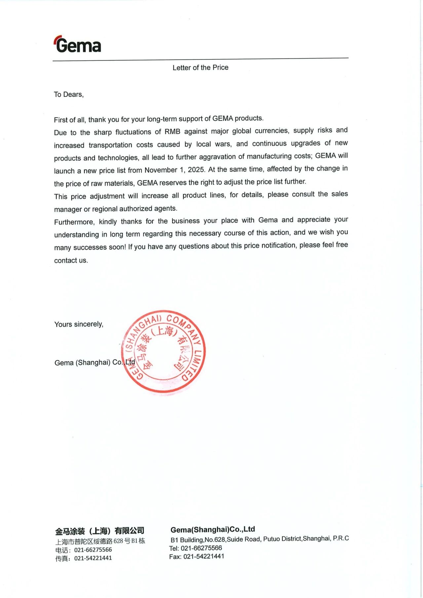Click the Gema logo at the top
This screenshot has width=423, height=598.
(78, 45)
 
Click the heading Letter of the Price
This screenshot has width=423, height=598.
(200, 67)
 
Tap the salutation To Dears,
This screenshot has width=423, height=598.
(69, 94)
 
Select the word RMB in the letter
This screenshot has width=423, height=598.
(172, 131)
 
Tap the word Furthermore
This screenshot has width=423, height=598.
(74, 222)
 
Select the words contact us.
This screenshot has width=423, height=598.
(71, 260)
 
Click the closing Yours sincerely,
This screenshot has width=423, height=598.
(79, 324)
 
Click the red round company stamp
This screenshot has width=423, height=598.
(164, 352)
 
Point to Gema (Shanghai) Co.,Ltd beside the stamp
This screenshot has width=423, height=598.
(95, 362)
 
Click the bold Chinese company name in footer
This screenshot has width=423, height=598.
(99, 531)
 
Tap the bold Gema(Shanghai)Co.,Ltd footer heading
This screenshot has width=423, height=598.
(212, 529)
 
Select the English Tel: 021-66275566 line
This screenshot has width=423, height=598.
(196, 548)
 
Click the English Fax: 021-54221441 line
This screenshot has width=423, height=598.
(197, 556)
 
